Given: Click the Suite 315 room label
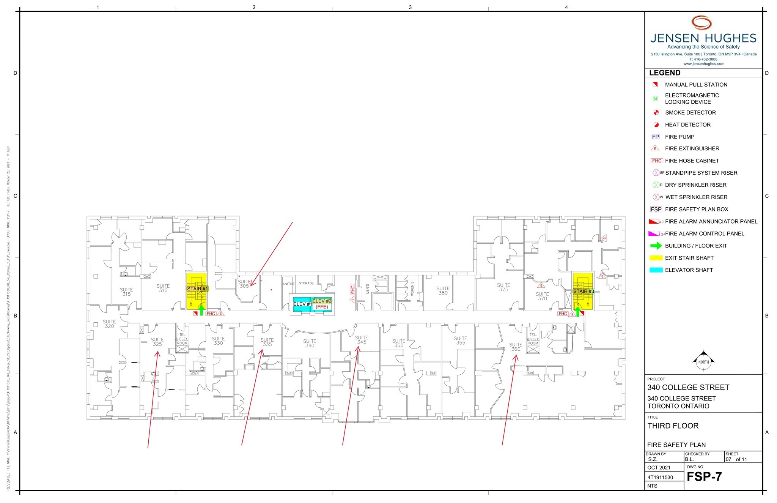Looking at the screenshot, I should pos(126,292).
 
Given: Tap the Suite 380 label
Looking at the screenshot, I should pos(443,291).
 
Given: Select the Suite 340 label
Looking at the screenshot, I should pos(310,344).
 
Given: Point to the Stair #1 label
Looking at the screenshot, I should pos(197,289).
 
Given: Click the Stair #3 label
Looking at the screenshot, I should pos(583,292).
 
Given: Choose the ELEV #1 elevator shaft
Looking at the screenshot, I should pos(302,304).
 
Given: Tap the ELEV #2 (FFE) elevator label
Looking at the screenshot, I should pos(322,304).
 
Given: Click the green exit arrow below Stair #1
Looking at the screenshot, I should pos(202,310).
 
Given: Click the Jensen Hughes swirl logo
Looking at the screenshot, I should pos(702,23).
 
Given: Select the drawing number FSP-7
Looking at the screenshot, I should pos(704,477).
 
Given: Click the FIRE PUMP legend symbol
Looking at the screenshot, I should pos(656,137).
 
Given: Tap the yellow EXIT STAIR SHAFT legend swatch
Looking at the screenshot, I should pos(656,258).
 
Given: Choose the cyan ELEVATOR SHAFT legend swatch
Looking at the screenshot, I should pos(656,270).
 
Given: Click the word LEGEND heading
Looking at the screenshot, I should pos(665,73).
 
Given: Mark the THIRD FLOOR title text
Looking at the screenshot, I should pos(673,426).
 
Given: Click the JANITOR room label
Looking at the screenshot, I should pos(288,284).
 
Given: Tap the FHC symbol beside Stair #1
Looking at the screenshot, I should pos(211,314).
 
